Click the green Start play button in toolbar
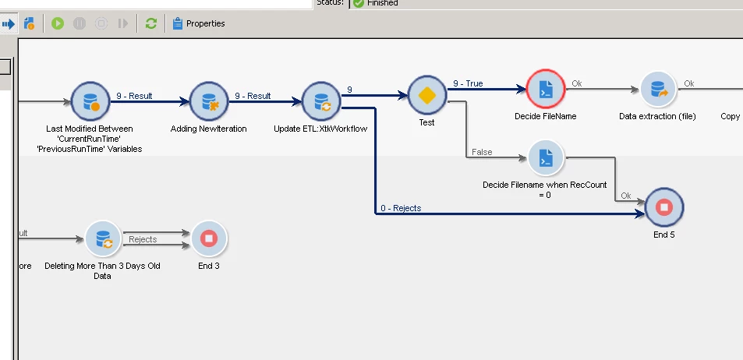[58, 23]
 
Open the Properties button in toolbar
[199, 23]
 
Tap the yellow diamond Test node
[426, 95]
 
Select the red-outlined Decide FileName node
[545, 90]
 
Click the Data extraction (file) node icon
[657, 90]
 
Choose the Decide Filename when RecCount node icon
[546, 158]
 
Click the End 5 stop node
[663, 207]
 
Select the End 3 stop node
[208, 238]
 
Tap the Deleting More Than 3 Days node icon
[102, 238]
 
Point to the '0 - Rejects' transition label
[401, 208]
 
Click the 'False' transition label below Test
[482, 152]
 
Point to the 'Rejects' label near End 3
[143, 239]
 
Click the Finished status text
[383, 3]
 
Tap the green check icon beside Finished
[359, 3]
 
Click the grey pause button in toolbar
[80, 23]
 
